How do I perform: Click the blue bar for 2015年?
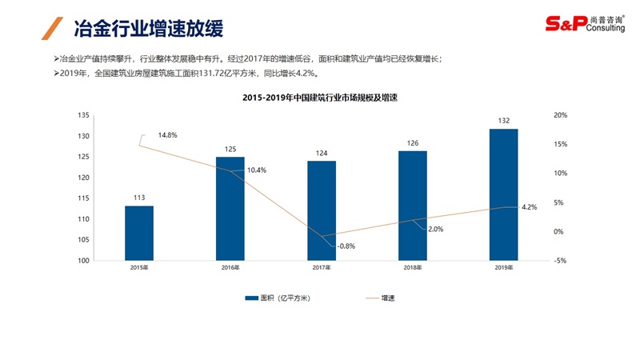coord(138,233)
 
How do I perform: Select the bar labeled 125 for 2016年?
coord(230,208)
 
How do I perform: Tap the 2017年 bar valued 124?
coord(322,210)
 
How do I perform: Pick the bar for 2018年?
coord(413,206)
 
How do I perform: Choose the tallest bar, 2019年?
coord(504,194)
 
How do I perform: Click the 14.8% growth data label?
coord(167,134)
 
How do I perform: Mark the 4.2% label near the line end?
coord(529,207)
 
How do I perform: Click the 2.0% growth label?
coord(435,230)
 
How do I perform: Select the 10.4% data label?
coord(257,170)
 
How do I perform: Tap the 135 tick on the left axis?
coord(84,115)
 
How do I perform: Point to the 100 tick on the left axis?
coord(84,261)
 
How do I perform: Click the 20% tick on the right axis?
coord(560,115)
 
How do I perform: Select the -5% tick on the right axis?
coord(560,261)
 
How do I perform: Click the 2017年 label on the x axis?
coord(322,267)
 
